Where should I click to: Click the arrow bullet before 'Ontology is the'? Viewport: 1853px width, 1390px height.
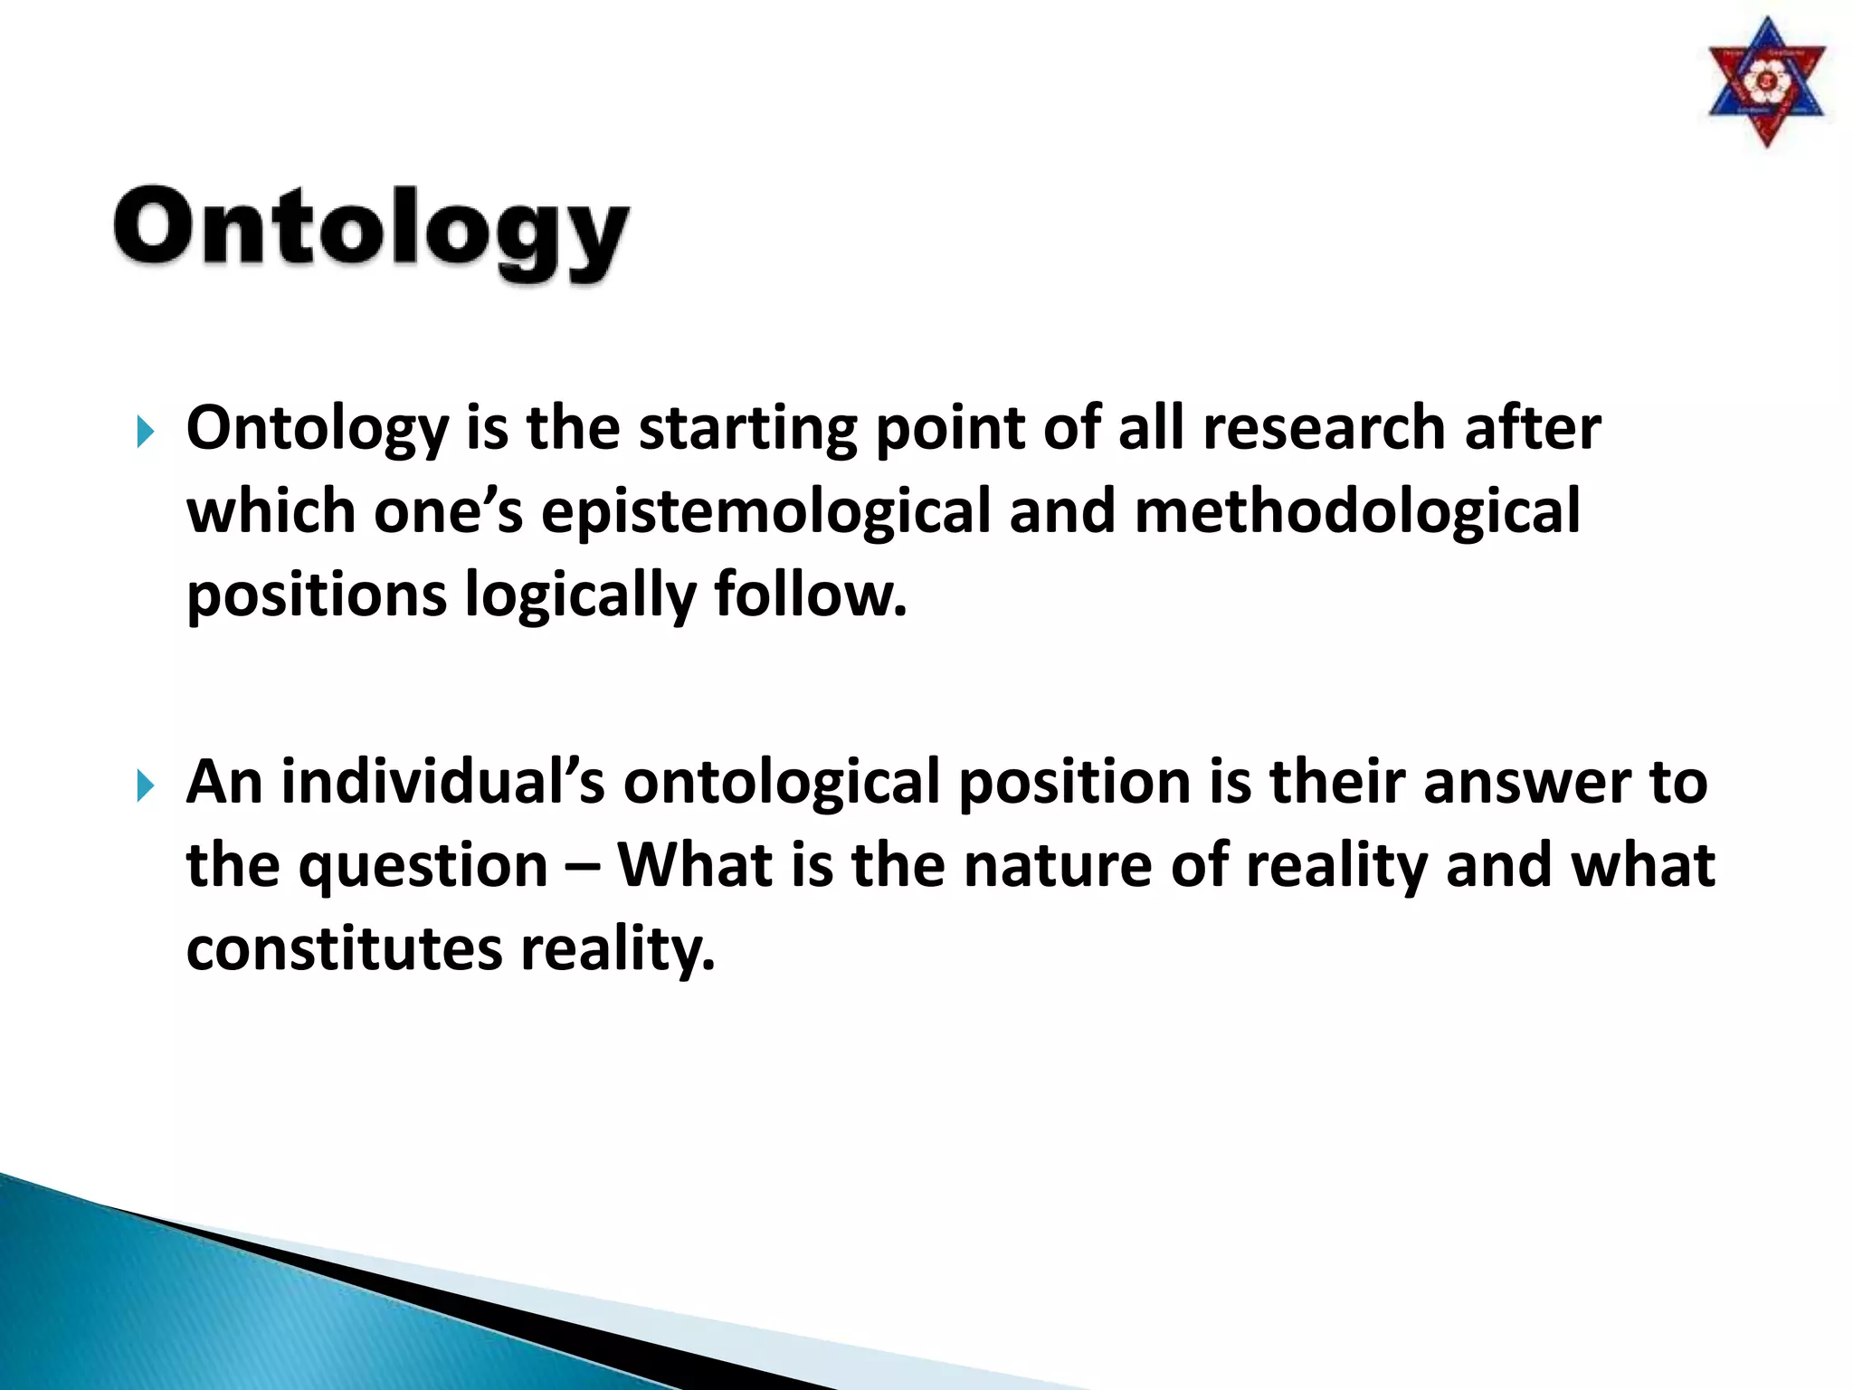click(145, 432)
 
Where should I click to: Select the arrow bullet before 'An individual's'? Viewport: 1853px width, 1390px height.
click(145, 785)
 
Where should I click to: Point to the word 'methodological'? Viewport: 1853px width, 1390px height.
click(1356, 511)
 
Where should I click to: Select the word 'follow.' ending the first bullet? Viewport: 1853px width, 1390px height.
click(810, 595)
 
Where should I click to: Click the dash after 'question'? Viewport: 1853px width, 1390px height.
click(583, 867)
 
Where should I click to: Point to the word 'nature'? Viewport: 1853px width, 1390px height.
click(1058, 866)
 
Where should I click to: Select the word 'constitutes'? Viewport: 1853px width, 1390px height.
click(344, 949)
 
